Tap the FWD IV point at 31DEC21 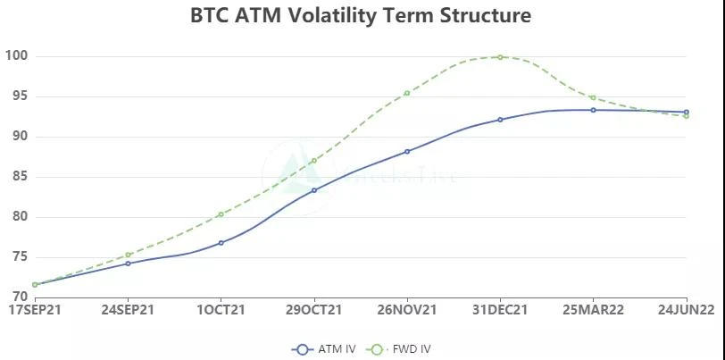pyautogui.click(x=500, y=57)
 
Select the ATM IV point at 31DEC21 pyautogui.click(x=500, y=119)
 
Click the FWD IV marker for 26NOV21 pyautogui.click(x=407, y=93)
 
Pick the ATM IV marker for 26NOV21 pyautogui.click(x=407, y=151)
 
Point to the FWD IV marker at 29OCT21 pyautogui.click(x=314, y=161)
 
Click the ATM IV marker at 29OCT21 pyautogui.click(x=314, y=190)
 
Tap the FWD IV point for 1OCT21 pyautogui.click(x=221, y=214)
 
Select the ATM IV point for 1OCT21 pyautogui.click(x=221, y=242)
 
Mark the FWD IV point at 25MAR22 pyautogui.click(x=593, y=97)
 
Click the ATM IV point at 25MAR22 pyautogui.click(x=593, y=110)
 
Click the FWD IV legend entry pyautogui.click(x=400, y=348)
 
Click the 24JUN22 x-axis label pyautogui.click(x=686, y=310)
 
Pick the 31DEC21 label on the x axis pyautogui.click(x=500, y=310)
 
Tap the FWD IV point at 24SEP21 pyautogui.click(x=128, y=255)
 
